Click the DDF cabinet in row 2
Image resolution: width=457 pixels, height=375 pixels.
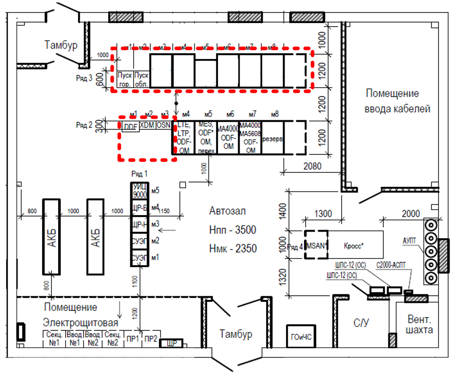click(130, 126)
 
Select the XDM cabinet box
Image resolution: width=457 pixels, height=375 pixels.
click(147, 124)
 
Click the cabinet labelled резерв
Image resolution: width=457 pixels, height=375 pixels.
click(273, 137)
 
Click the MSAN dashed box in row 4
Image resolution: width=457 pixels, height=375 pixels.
click(316, 244)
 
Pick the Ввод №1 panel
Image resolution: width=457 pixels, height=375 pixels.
click(75, 339)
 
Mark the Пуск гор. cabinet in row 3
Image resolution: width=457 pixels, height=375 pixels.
click(124, 79)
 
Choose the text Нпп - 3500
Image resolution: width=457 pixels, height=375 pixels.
click(233, 230)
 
